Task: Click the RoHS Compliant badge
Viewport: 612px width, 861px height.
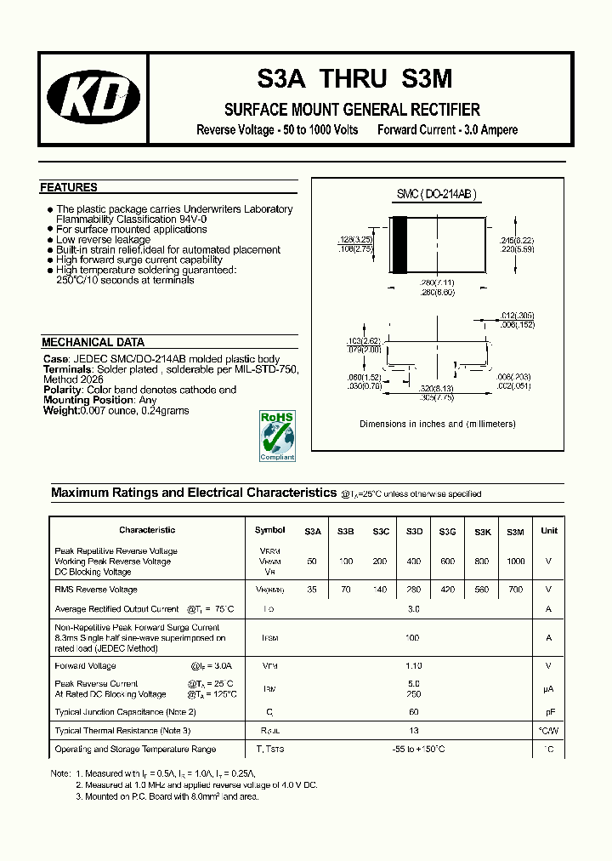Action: pos(277,436)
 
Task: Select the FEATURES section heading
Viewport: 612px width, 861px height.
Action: pos(69,187)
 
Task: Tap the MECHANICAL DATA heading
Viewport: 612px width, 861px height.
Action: pos(93,342)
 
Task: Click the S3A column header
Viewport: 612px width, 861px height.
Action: pos(313,531)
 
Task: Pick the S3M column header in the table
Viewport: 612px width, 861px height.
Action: pos(515,531)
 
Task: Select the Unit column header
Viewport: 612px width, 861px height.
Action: pos(549,530)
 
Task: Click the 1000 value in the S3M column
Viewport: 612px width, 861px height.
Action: pos(515,562)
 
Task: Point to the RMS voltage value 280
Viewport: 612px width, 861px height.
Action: pos(414,590)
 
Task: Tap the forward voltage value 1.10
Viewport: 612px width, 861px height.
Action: pos(414,666)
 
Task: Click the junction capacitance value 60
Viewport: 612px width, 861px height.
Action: pos(414,711)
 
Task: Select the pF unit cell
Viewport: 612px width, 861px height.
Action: pos(549,711)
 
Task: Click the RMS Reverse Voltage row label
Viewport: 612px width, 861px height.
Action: pos(96,590)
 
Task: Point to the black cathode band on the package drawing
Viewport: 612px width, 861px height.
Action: pos(398,246)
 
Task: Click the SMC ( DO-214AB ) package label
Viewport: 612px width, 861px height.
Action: pos(437,195)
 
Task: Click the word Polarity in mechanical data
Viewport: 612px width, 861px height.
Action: pos(63,390)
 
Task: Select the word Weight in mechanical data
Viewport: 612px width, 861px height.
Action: pos(59,410)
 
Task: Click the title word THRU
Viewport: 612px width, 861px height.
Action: pos(356,79)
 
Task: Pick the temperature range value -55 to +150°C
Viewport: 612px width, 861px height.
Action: pos(414,750)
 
